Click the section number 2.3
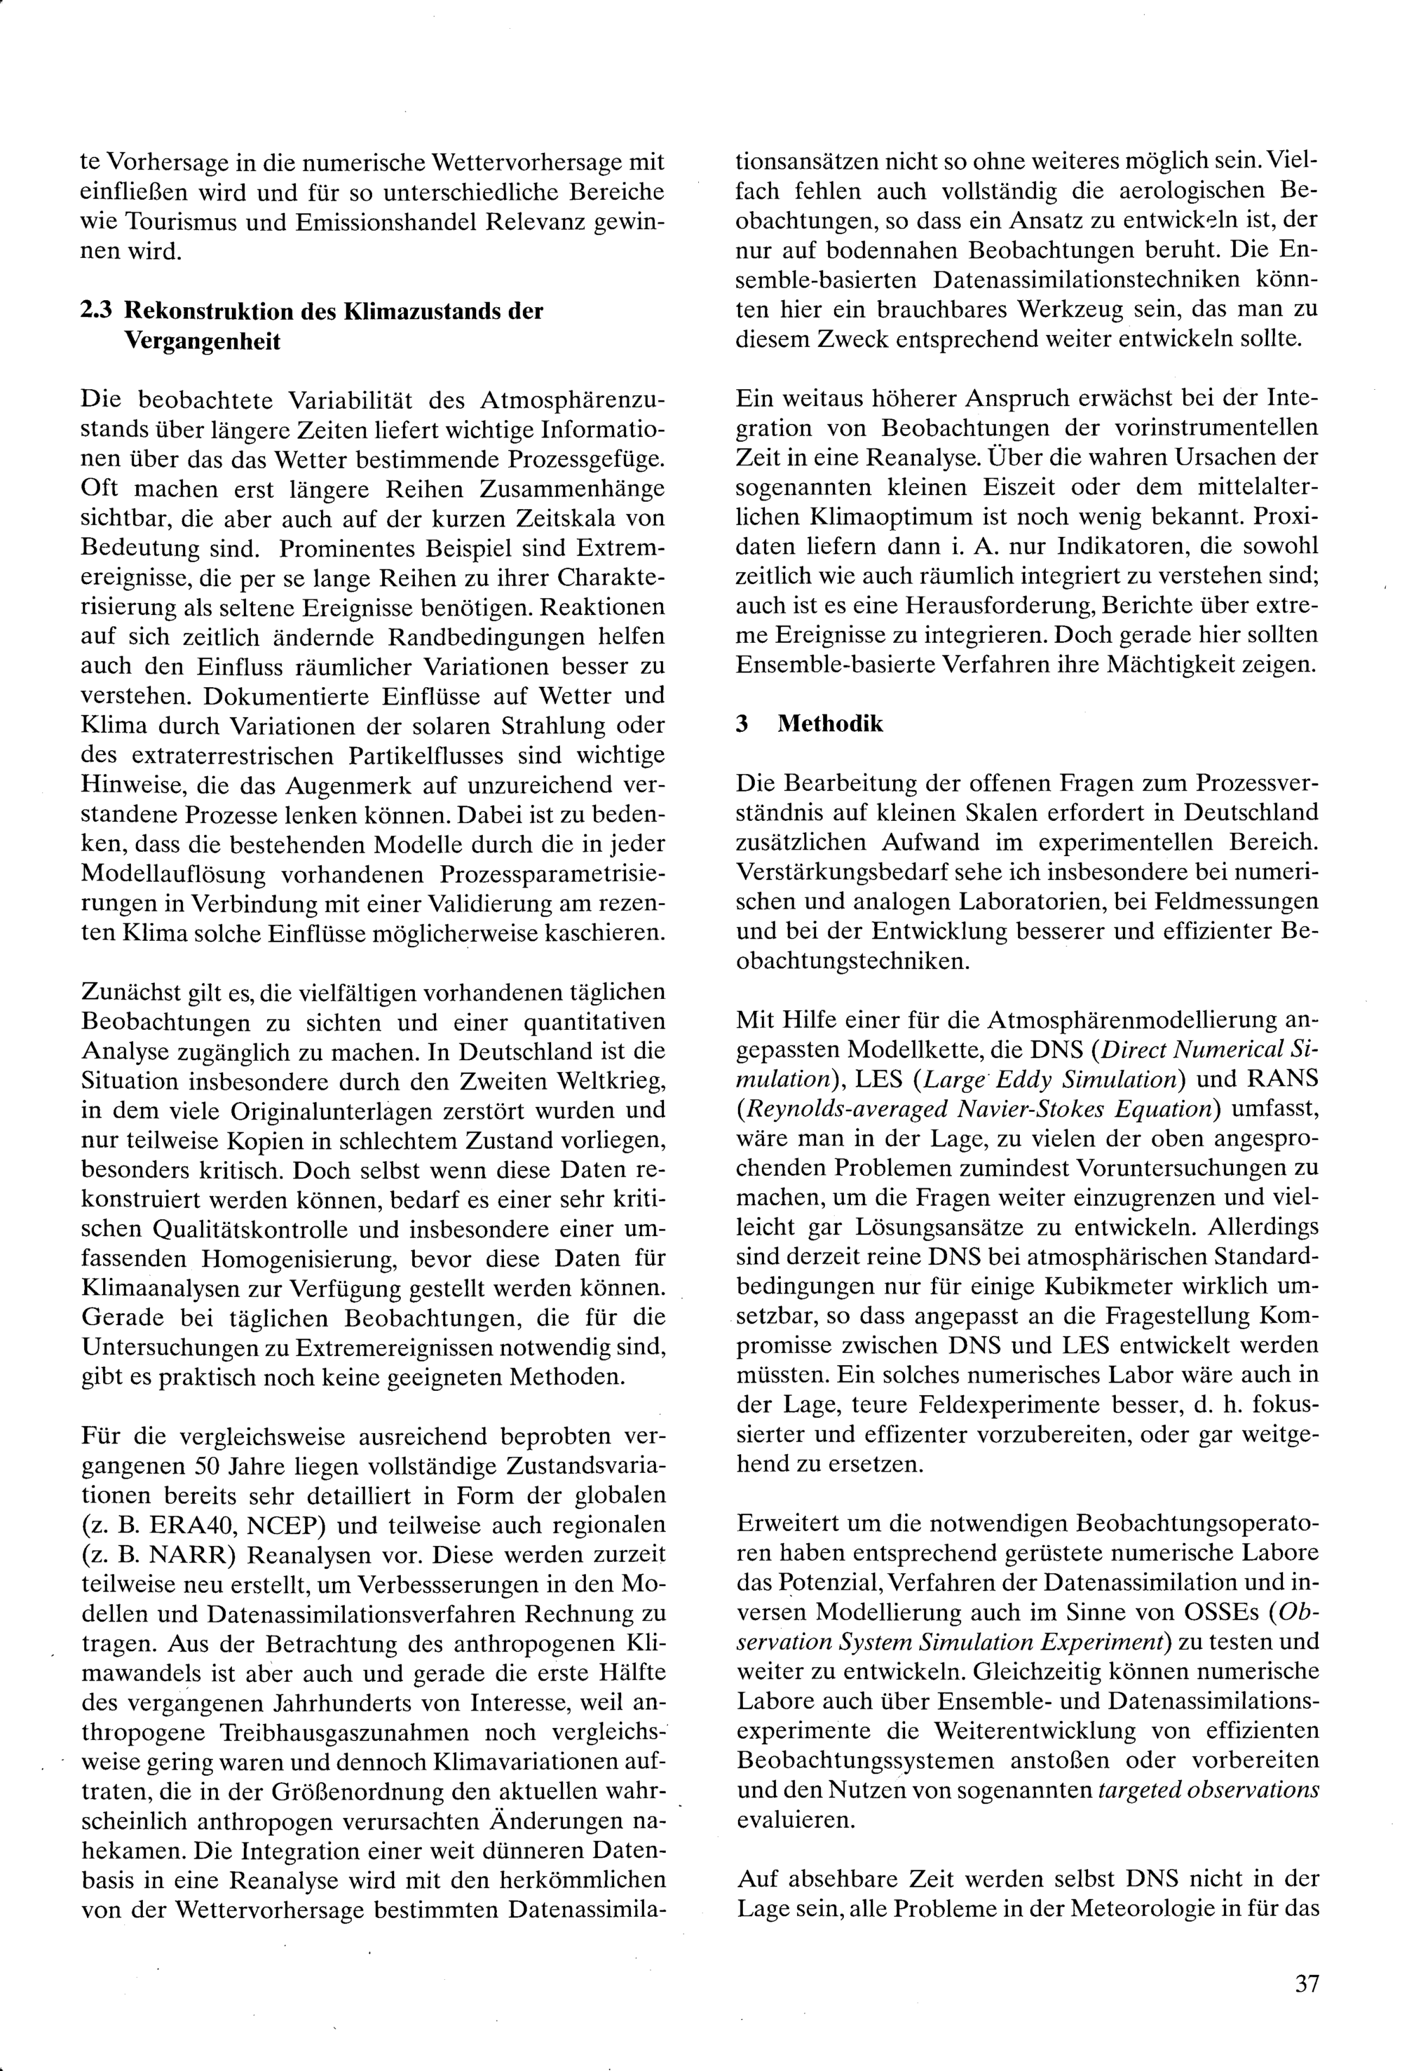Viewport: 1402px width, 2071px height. pyautogui.click(x=95, y=311)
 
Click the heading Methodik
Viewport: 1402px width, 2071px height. pyautogui.click(x=829, y=723)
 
